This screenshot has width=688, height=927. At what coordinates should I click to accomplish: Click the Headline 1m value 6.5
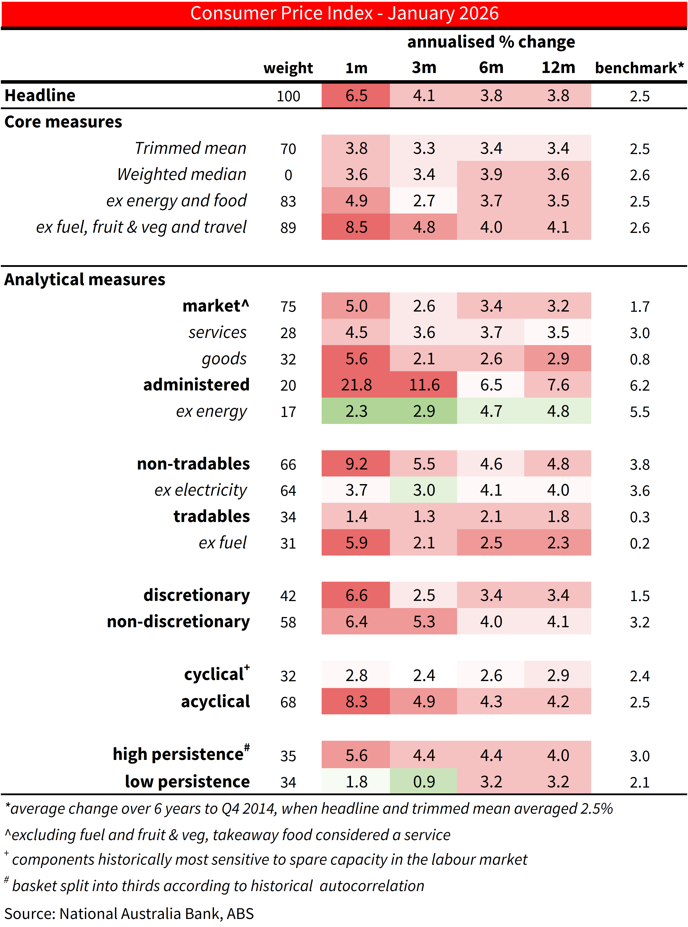click(356, 96)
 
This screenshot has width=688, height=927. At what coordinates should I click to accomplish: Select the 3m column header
click(424, 67)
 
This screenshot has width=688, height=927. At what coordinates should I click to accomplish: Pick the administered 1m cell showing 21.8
click(356, 385)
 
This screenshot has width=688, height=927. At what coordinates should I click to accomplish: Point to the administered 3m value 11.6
click(424, 385)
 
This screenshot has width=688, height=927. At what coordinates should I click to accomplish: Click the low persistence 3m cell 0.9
click(424, 782)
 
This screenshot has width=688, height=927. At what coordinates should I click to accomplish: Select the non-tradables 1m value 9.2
click(356, 464)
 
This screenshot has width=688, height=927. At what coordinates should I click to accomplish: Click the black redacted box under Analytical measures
click(127, 306)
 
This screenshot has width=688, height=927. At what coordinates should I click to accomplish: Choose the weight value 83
click(288, 201)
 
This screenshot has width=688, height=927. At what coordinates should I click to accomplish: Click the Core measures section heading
click(63, 122)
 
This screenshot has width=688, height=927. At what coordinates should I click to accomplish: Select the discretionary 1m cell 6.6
click(356, 595)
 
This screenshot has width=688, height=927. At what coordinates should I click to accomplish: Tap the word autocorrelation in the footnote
click(372, 886)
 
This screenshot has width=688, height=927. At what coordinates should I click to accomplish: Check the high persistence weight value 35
click(288, 756)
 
